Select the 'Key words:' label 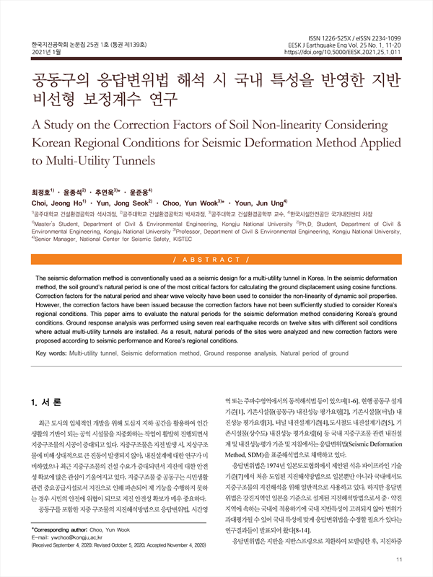(51, 353)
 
